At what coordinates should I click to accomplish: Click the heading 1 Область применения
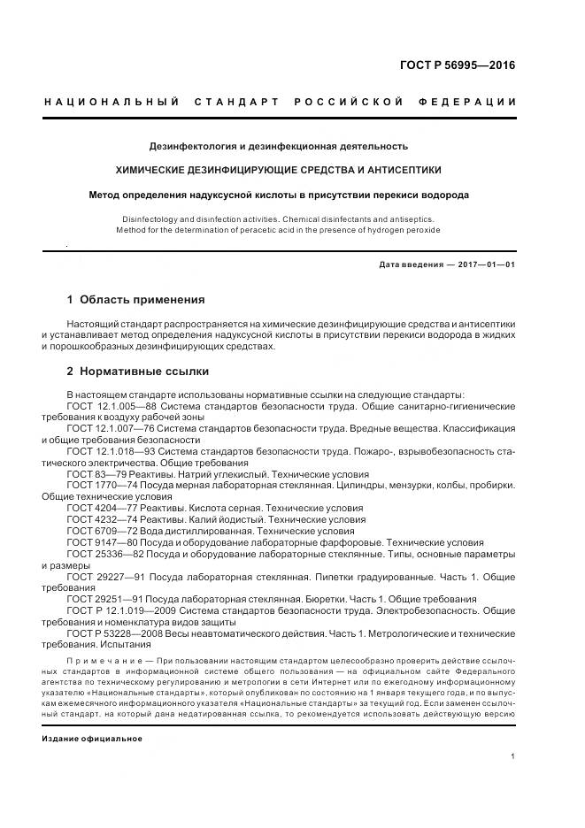pyautogui.click(x=135, y=300)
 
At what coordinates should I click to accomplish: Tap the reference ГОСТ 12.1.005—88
pyautogui.click(x=111, y=405)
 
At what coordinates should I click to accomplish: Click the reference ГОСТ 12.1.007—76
pyautogui.click(x=111, y=428)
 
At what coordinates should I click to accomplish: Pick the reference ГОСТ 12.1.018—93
pyautogui.click(x=111, y=451)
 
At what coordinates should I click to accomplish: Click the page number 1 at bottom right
pyautogui.click(x=513, y=756)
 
